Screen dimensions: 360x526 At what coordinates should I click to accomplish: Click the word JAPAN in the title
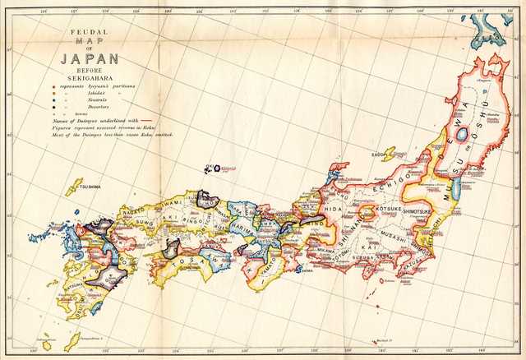click(89, 58)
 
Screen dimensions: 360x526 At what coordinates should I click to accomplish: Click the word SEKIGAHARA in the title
click(88, 77)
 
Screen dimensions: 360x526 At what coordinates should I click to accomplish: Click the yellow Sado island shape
click(388, 154)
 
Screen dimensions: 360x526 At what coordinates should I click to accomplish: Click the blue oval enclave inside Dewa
click(462, 133)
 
